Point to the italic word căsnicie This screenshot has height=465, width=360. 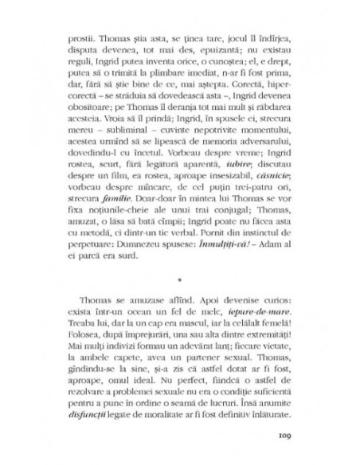click(270, 174)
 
